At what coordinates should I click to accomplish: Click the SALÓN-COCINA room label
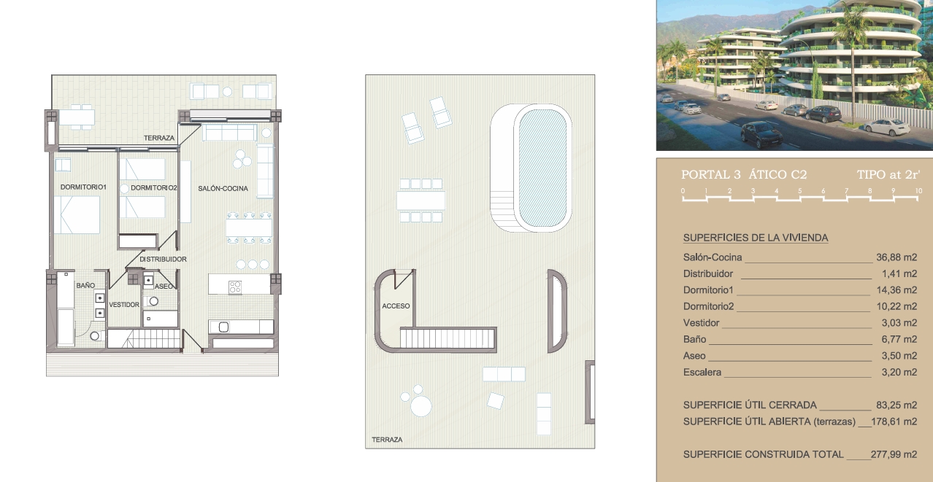[x=223, y=188]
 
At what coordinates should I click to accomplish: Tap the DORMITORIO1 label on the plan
[x=83, y=187]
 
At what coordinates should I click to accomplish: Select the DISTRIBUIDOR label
[x=163, y=259]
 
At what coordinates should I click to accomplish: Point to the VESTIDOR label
[x=124, y=305]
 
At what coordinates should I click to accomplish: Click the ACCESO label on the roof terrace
[x=396, y=306]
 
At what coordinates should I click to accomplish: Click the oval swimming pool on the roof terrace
[x=542, y=168]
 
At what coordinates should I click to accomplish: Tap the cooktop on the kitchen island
[x=235, y=287]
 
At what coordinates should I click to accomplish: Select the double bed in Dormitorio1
[x=77, y=214]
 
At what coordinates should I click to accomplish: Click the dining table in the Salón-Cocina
[x=249, y=228]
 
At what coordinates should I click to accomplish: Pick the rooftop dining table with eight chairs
[x=421, y=201]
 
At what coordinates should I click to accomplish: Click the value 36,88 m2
[x=896, y=257]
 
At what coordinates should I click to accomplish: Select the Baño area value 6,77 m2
[x=899, y=339]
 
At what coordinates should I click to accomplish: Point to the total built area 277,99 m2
[x=894, y=454]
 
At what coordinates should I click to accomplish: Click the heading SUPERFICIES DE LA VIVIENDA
[x=756, y=238]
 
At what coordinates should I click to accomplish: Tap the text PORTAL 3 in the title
[x=711, y=175]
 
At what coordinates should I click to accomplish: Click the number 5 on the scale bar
[x=799, y=191]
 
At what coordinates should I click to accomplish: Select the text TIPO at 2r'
[x=888, y=175]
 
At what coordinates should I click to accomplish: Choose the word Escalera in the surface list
[x=702, y=372]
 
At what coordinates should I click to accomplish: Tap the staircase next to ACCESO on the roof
[x=448, y=338]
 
